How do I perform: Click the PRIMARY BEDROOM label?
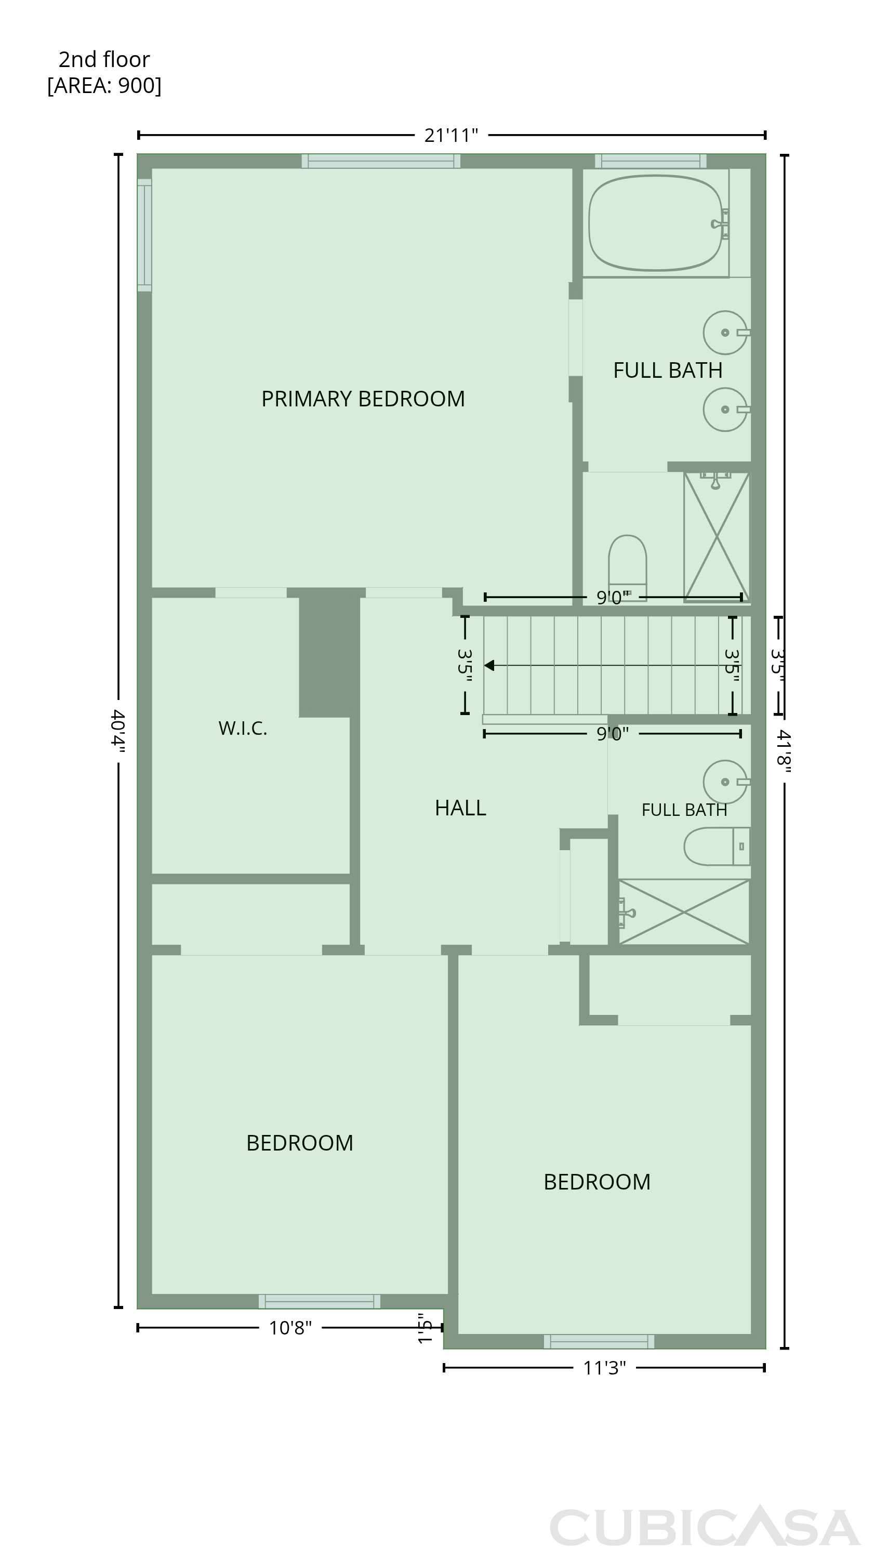363,399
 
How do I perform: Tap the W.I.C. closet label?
243,728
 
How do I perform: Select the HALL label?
460,808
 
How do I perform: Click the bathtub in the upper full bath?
656,223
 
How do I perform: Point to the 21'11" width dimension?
451,135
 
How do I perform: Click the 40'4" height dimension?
118,731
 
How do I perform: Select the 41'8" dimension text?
784,751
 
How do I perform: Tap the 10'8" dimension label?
290,1328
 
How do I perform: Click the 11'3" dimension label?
604,1368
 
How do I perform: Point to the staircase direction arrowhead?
489,666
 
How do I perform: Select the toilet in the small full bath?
717,846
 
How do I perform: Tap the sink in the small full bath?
726,782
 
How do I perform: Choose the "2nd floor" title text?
104,59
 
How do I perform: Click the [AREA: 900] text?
104,86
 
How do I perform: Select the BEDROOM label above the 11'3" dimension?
597,1181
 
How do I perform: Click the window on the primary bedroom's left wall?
144,235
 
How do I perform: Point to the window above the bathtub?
651,161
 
